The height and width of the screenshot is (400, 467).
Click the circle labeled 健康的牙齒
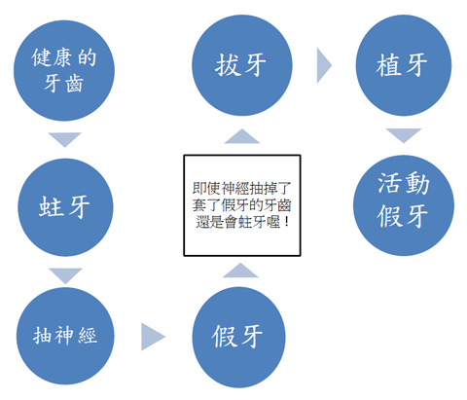64,71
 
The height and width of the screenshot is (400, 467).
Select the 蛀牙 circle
65,207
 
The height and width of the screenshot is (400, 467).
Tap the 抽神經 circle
65,336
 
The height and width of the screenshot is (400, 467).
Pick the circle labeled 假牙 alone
238,337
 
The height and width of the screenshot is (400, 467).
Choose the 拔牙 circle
242,65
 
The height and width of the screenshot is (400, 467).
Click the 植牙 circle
404,65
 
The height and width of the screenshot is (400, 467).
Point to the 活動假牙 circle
404,205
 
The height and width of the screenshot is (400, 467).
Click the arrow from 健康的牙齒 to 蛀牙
65,139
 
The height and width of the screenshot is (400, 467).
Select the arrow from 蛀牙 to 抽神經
65,275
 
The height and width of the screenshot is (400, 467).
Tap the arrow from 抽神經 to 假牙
153,337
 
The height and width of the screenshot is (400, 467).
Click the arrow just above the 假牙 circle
240,271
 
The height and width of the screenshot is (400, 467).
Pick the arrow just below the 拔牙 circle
242,136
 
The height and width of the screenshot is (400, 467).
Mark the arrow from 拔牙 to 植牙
324,65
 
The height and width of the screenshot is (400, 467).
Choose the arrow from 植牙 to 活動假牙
404,135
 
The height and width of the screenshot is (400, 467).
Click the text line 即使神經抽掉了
241,188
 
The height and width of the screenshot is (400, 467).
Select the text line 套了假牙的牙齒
241,205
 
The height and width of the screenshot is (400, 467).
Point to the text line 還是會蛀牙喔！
241,222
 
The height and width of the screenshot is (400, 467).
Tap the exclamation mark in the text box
286,222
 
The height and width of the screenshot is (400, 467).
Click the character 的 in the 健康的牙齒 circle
87,57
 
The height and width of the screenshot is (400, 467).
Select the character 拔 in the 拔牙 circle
227,65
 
